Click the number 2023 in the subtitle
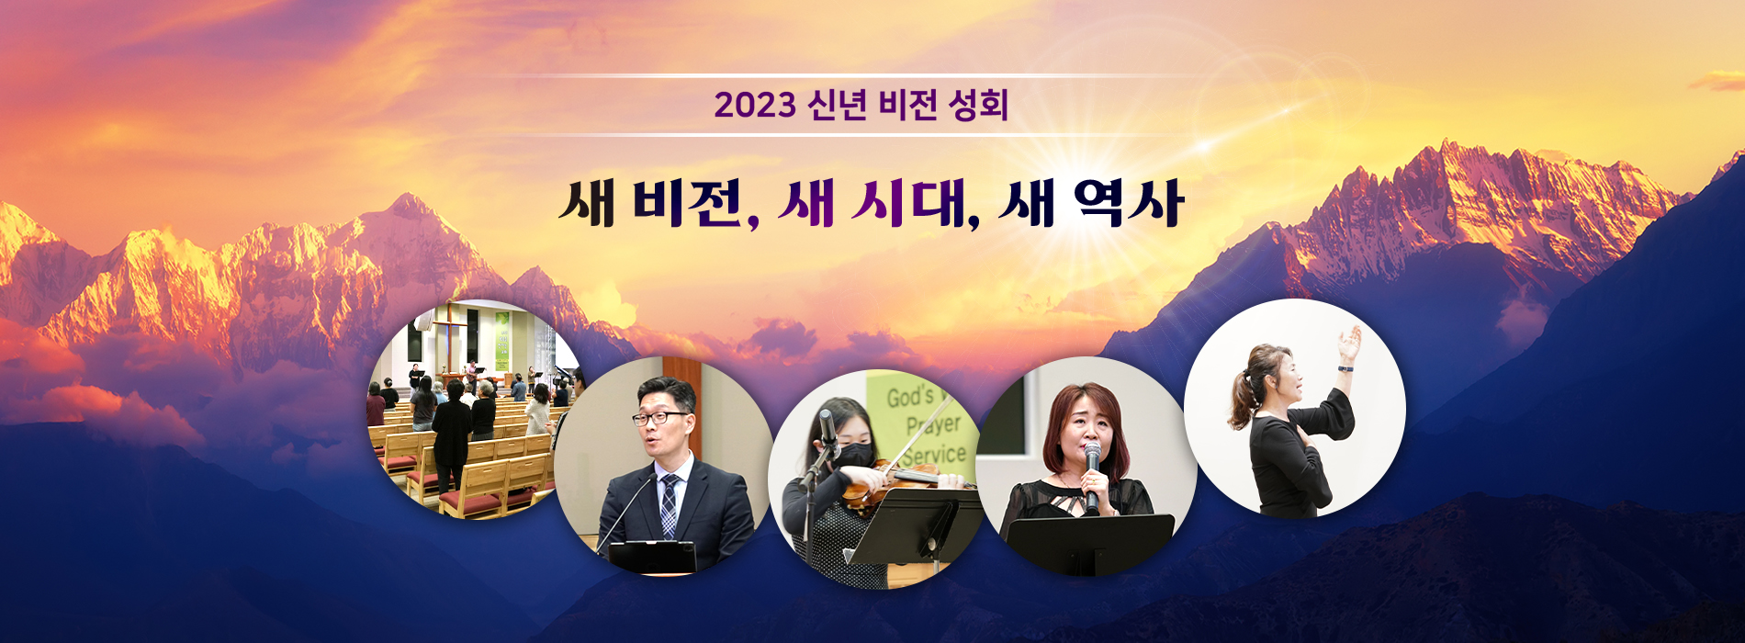[x=755, y=106]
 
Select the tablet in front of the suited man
[x=652, y=557]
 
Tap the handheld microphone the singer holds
[x=1092, y=476]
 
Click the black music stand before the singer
[x=1090, y=542]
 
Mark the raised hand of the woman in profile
[x=1349, y=344]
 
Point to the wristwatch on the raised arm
[x=1345, y=367]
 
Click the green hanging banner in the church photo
[x=501, y=342]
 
